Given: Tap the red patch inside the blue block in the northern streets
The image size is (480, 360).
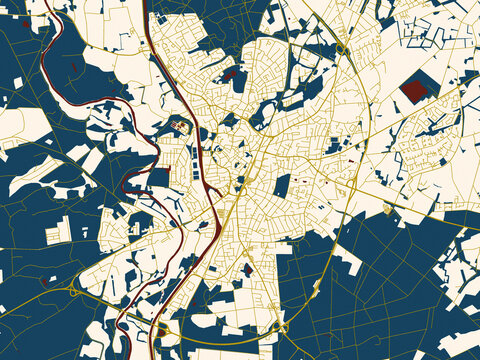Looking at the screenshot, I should (229, 74).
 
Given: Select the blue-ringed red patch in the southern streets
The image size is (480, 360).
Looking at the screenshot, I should (246, 269).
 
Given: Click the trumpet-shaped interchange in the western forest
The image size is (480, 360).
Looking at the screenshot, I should (75, 290).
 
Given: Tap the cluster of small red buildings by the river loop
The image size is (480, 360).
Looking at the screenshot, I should (180, 125).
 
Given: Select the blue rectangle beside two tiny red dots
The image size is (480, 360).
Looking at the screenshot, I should (283, 185).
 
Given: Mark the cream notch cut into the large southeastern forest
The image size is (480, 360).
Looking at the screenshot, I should (345, 262).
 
